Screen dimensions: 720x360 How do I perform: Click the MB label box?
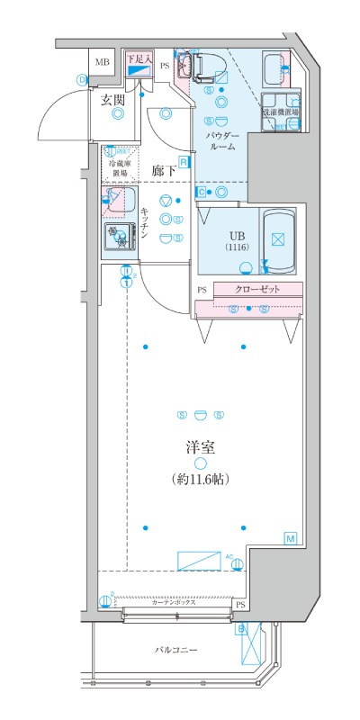coord(103,62)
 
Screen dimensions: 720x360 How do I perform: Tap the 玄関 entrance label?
coord(112,101)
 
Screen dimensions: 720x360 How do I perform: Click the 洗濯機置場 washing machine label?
coord(281,113)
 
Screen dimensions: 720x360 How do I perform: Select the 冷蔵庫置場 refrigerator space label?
coord(120,169)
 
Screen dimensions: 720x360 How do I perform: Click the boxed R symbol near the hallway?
coord(183,162)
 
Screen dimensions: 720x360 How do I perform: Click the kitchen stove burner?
coord(117,238)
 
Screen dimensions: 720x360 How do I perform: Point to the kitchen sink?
coord(118,200)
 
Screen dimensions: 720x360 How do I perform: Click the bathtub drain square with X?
coord(277,240)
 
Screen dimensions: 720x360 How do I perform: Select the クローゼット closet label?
coord(257,289)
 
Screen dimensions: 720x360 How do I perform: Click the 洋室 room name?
coord(199,446)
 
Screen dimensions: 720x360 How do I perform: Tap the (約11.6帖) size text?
coord(199,480)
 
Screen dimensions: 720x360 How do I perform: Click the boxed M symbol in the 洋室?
coord(291,537)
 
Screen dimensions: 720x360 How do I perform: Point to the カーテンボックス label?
coord(174,601)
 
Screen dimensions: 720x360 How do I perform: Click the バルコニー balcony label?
coord(175,650)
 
